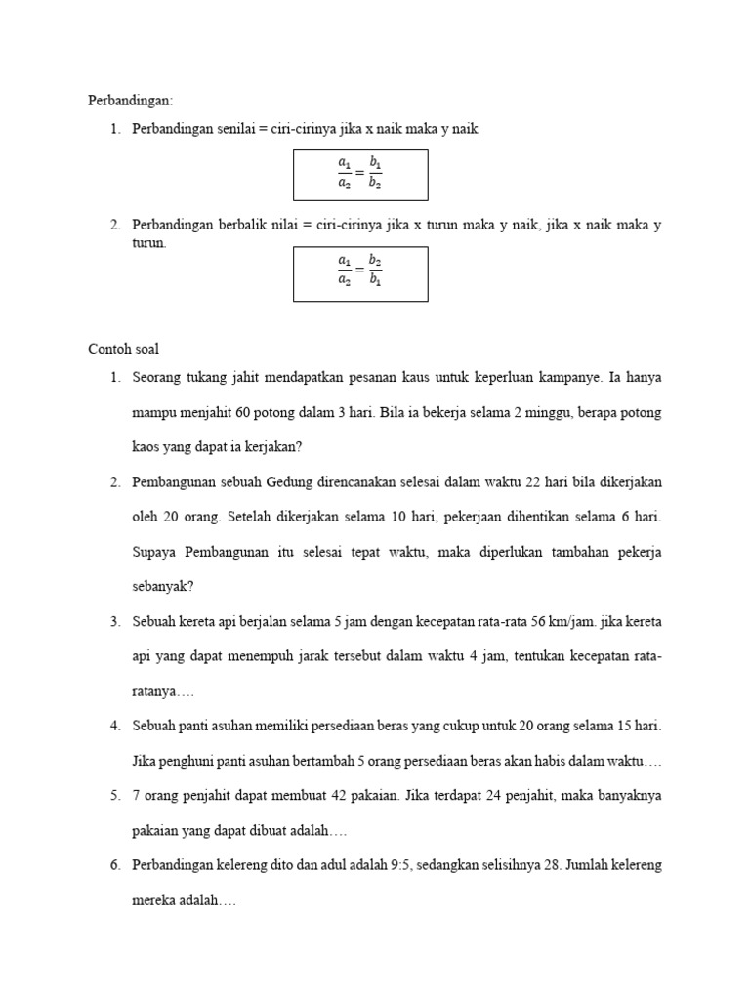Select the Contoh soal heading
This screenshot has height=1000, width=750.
[x=124, y=348]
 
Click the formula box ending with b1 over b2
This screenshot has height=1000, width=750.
[x=360, y=173]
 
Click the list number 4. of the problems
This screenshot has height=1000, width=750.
[x=115, y=727]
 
